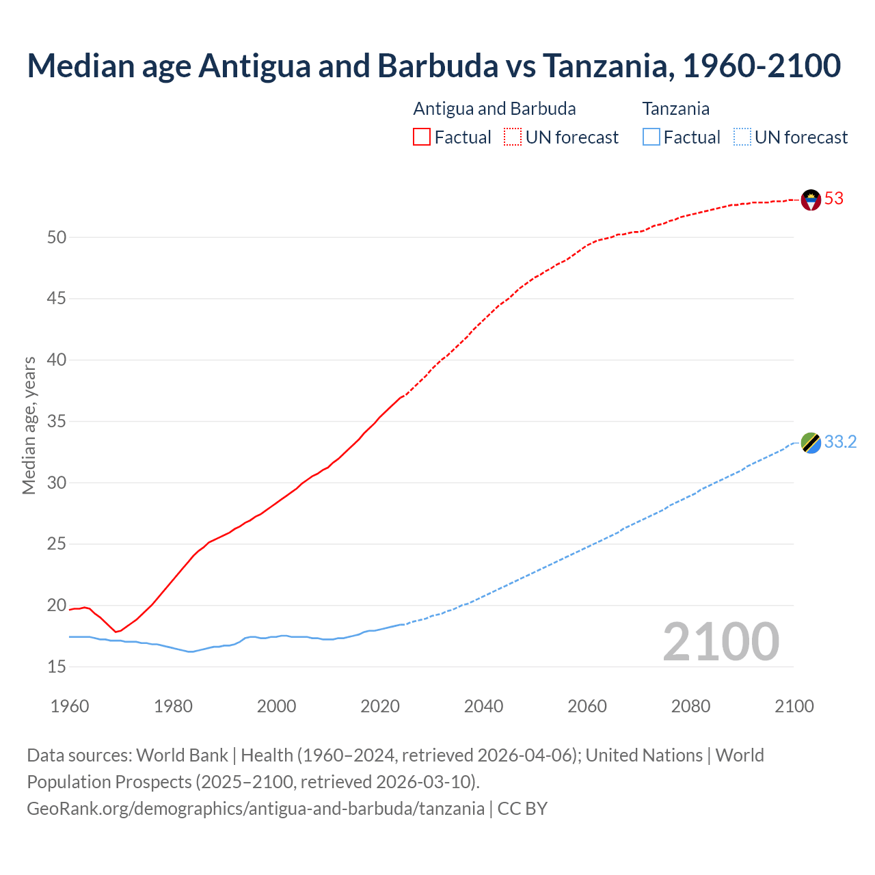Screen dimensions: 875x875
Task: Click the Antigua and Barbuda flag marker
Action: tap(811, 200)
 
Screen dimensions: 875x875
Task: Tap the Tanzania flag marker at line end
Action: tap(811, 443)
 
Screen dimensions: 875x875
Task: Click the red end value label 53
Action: tap(834, 199)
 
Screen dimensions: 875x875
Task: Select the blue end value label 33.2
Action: tap(840, 442)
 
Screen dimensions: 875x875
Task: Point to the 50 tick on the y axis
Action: tap(57, 237)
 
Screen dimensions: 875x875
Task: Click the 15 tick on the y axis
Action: tap(57, 667)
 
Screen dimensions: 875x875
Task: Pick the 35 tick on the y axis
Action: tap(57, 421)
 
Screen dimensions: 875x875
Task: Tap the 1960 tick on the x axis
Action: tap(70, 706)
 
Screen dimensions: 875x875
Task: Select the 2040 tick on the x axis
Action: tap(483, 706)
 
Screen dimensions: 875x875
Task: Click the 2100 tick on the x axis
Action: tap(794, 706)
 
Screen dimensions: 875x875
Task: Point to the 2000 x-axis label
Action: tap(276, 706)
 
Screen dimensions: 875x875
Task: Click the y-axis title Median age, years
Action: tap(29, 425)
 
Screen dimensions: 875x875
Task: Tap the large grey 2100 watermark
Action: tap(721, 642)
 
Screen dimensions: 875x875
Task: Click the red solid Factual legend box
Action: tap(422, 137)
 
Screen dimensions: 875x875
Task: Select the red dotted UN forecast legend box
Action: tap(513, 137)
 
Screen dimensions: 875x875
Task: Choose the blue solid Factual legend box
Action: tap(651, 137)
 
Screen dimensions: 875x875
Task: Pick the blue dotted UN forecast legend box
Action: tap(742, 137)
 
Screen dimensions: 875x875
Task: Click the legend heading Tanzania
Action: tap(675, 109)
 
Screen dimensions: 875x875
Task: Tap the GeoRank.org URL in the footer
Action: tap(256, 809)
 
